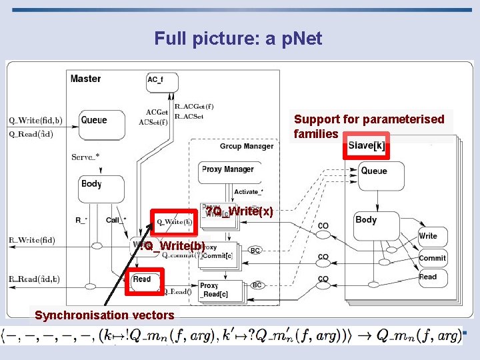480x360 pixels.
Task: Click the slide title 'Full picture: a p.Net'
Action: coord(238,39)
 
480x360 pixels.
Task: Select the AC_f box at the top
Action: coord(161,81)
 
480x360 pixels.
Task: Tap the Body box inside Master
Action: coord(101,188)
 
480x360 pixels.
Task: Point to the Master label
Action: coord(86,79)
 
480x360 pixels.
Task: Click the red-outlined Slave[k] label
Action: coord(366,146)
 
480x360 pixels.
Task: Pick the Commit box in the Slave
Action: coord(432,259)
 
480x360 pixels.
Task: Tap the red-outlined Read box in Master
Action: coord(141,279)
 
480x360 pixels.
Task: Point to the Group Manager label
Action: coord(246,146)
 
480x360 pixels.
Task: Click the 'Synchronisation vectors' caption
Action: coord(105,315)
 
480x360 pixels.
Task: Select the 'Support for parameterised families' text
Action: coord(369,126)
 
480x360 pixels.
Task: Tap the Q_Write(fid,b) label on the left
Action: coord(35,121)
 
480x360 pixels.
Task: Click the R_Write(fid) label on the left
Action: coord(32,239)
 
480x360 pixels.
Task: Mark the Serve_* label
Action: coord(85,157)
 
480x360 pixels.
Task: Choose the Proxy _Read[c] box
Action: coord(215,289)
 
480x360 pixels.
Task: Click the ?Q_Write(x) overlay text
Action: coord(239,212)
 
